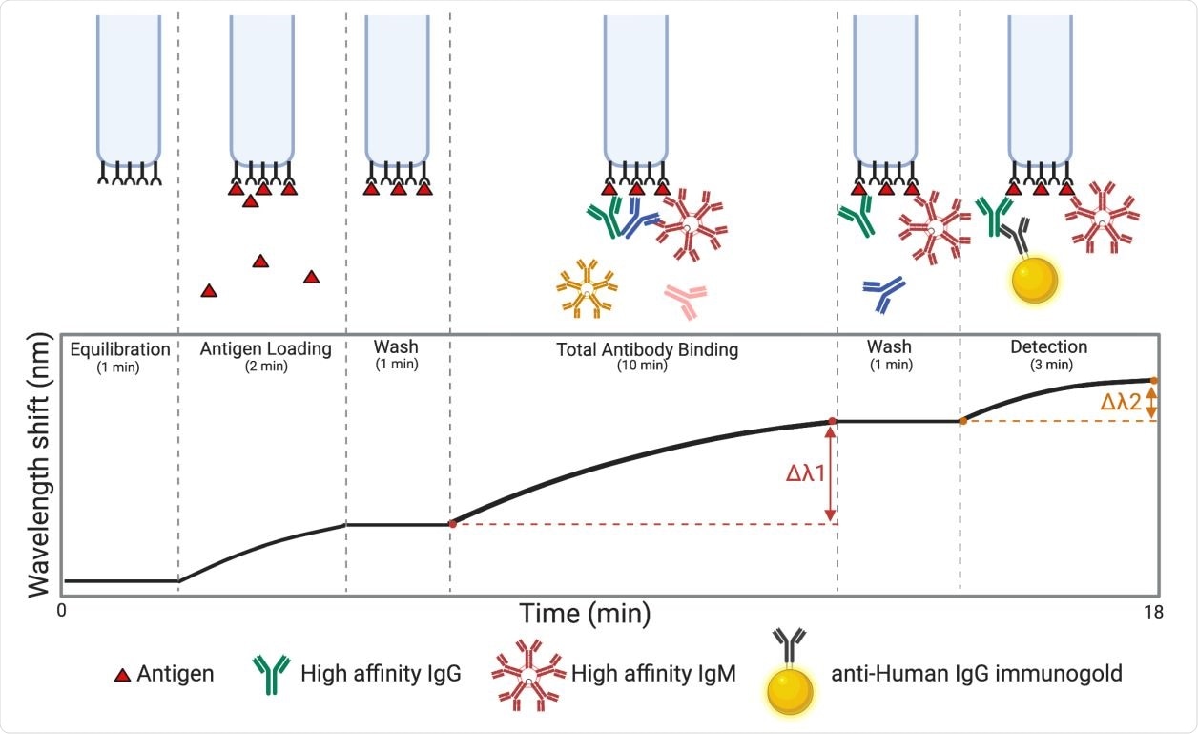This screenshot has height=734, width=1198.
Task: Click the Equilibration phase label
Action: (x=119, y=349)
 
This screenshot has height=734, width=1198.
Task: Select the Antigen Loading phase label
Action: (x=265, y=349)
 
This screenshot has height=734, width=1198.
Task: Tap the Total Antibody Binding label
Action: (x=647, y=349)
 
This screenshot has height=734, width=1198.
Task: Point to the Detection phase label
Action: (x=1048, y=347)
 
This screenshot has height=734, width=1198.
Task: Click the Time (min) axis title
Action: (x=585, y=613)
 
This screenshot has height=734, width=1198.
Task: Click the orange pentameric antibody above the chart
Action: (x=588, y=287)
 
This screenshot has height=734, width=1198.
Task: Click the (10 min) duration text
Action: (x=647, y=366)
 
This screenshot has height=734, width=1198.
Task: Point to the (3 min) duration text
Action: (x=1048, y=365)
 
